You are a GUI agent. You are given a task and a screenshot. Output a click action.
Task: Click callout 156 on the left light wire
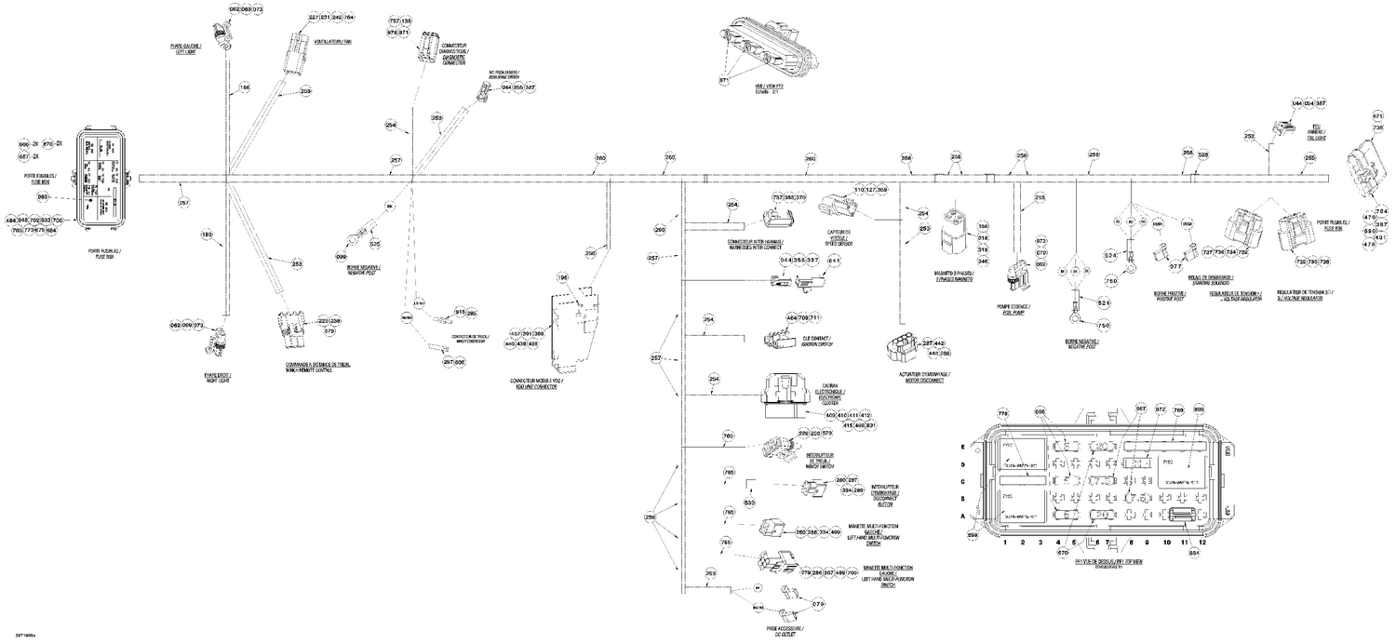click(245, 87)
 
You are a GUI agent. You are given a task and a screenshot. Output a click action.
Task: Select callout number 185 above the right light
click(207, 235)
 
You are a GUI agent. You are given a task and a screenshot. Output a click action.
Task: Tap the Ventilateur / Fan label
click(332, 42)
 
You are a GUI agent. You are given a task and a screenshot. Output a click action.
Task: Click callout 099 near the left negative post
click(341, 256)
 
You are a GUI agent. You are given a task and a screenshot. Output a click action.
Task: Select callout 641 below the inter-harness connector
click(834, 261)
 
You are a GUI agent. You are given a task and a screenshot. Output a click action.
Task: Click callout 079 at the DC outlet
click(818, 605)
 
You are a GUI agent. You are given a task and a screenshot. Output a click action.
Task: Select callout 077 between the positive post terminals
click(1175, 266)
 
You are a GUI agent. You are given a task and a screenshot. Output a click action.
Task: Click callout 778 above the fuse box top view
click(1002, 412)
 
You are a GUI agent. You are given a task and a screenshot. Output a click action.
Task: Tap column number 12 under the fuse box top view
click(1202, 542)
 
